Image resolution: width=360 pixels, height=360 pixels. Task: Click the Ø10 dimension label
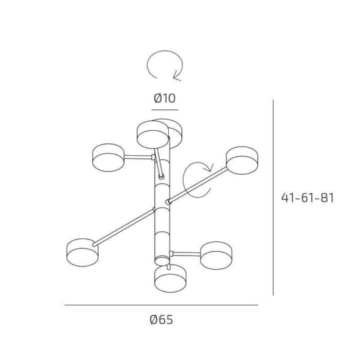(164, 98)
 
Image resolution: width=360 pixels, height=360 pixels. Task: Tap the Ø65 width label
(161, 319)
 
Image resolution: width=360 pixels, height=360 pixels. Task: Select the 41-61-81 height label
(308, 198)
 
